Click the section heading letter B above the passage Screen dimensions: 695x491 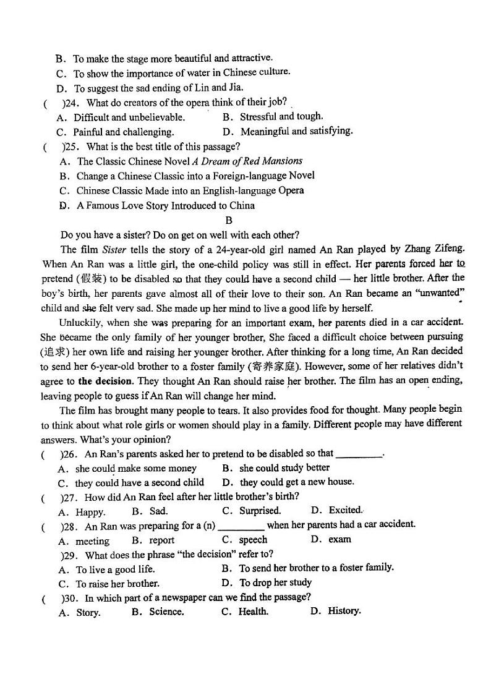pyautogui.click(x=229, y=220)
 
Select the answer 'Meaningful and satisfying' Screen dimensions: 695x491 pyautogui.click(x=296, y=131)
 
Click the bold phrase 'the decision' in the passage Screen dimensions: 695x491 pyautogui.click(x=105, y=381)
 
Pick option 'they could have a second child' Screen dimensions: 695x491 pyautogui.click(x=139, y=483)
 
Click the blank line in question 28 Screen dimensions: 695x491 pyautogui.click(x=241, y=526)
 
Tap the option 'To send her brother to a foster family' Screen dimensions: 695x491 pyautogui.click(x=316, y=568)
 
